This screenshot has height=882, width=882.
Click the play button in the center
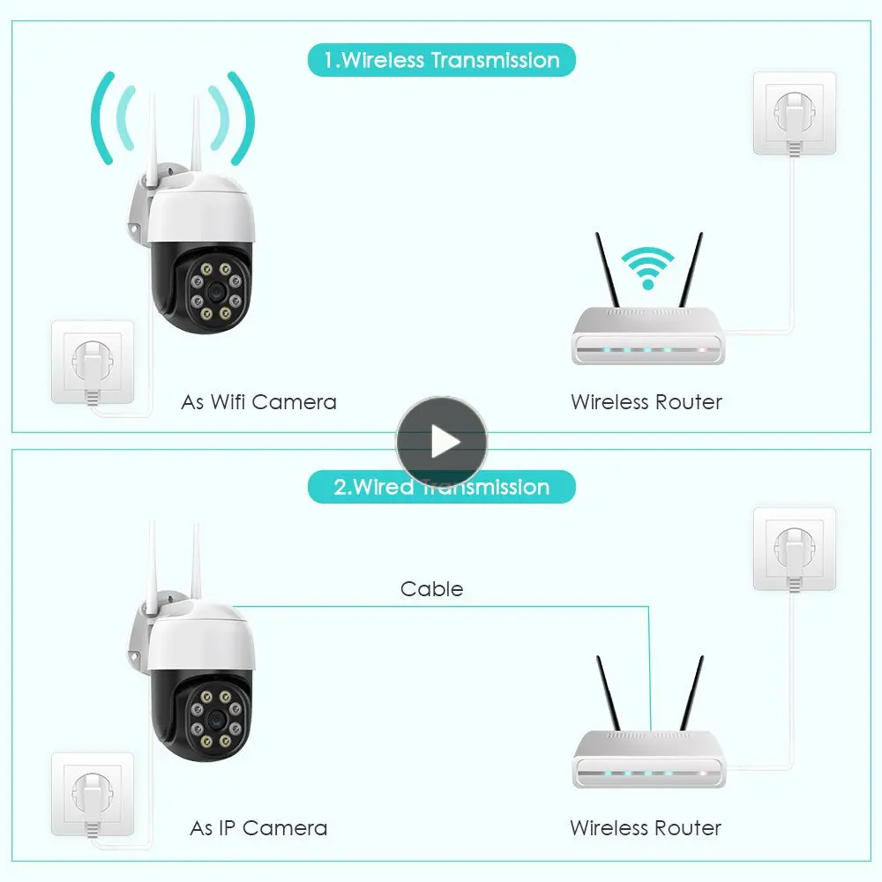point(441,441)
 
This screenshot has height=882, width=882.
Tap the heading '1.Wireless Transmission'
point(441,61)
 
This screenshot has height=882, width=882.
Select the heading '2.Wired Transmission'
point(441,487)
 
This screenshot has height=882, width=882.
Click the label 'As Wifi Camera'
point(258,402)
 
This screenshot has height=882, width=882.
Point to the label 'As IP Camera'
point(258,828)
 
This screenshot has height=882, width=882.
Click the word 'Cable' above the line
point(431,588)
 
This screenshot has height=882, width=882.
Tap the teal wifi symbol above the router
point(648,267)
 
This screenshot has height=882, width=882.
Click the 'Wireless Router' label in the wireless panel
point(647,402)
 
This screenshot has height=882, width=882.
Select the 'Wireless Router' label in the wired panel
point(646,828)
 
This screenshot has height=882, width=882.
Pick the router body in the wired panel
point(648,763)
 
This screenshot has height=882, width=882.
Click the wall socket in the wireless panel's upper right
point(794,112)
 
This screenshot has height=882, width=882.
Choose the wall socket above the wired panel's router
point(794,549)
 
